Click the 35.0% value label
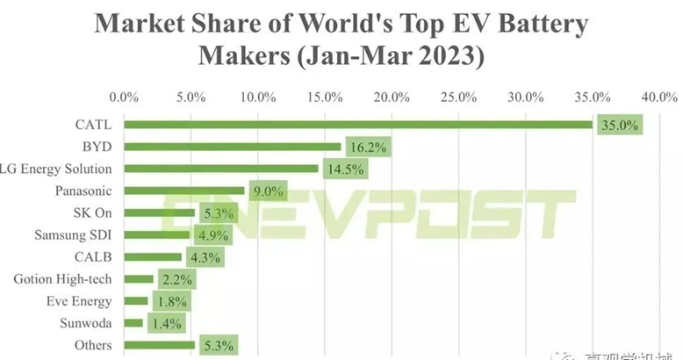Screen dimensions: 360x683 619,125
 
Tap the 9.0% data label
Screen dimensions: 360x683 269,191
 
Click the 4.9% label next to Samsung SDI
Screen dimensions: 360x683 213,235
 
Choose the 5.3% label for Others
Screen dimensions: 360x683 219,346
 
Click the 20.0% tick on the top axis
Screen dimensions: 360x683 392,96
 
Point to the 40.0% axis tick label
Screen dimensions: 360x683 658,96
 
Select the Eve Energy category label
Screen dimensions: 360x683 81,302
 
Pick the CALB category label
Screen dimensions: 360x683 92,257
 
